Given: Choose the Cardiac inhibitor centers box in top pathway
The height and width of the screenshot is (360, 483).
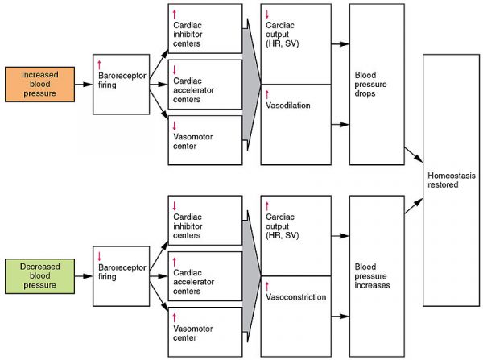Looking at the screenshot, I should (204, 31).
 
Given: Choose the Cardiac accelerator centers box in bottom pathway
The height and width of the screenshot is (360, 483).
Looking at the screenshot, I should (204, 278).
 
